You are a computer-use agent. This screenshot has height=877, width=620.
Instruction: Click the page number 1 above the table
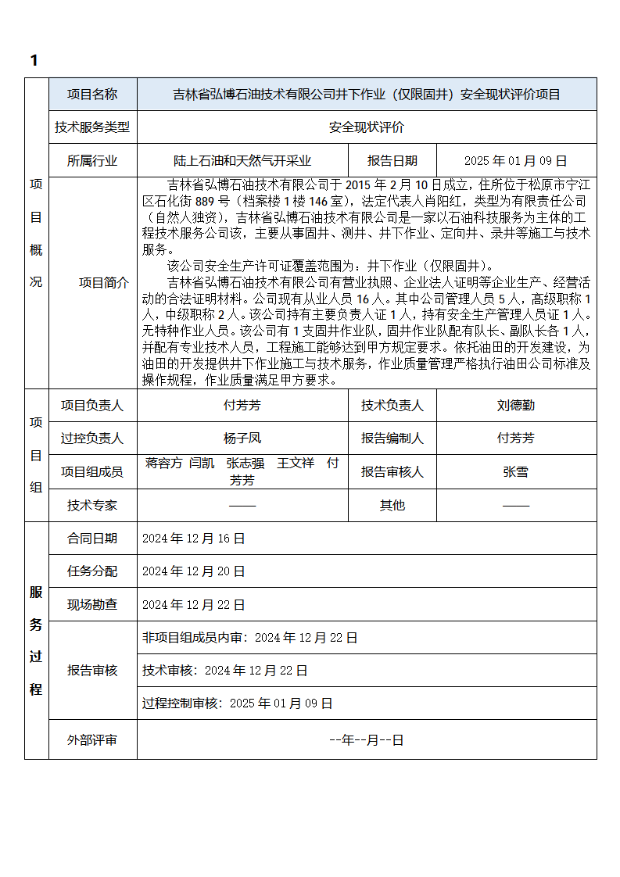coord(34,61)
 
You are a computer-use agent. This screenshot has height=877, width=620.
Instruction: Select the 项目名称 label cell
coord(92,95)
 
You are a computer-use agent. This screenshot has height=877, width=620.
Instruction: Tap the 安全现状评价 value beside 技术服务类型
coord(366,127)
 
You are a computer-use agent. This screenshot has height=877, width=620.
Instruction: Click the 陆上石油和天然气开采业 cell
coord(242,161)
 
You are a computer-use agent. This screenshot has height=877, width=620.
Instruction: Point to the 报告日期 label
coord(392,161)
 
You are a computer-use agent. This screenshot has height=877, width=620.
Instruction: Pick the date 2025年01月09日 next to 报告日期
coord(515,161)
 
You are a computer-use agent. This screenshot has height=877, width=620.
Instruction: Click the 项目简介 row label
coord(104,283)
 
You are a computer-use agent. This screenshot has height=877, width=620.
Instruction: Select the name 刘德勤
coord(515,406)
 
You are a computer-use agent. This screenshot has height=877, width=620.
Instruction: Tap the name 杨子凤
coord(242,438)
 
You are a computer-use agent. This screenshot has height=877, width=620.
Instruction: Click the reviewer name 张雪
coord(515,472)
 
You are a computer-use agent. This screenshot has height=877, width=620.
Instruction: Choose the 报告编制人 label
coord(392,438)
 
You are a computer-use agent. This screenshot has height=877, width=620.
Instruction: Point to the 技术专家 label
coord(92,506)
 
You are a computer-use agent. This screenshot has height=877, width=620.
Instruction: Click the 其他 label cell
coord(392,506)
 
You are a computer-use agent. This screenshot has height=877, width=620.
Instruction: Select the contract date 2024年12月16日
coord(193,539)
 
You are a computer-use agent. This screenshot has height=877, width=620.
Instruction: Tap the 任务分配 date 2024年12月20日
coord(193,571)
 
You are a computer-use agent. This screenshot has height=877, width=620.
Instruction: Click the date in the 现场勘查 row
coord(193,605)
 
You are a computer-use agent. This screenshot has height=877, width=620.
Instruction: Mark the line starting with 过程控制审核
coord(237,703)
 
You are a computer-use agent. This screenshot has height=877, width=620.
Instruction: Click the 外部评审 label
coord(92,739)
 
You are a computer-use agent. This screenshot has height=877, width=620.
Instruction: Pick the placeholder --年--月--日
coord(366,739)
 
